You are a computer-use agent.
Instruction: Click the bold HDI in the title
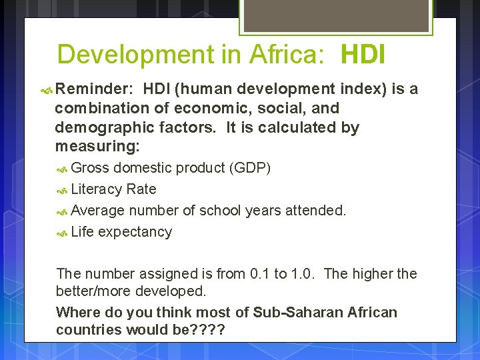coord(363,55)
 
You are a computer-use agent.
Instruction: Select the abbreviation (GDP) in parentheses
coord(250,168)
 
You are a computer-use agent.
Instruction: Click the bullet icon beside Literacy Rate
coord(62,190)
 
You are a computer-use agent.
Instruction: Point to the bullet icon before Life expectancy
coord(62,233)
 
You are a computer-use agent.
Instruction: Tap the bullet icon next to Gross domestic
coord(62,169)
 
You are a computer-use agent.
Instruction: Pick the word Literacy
coord(96,189)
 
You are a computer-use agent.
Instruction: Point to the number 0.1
coord(259,274)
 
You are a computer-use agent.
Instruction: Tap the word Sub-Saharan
coord(309,312)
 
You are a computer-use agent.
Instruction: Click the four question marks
coord(208,329)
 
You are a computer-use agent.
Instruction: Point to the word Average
coord(97,211)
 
